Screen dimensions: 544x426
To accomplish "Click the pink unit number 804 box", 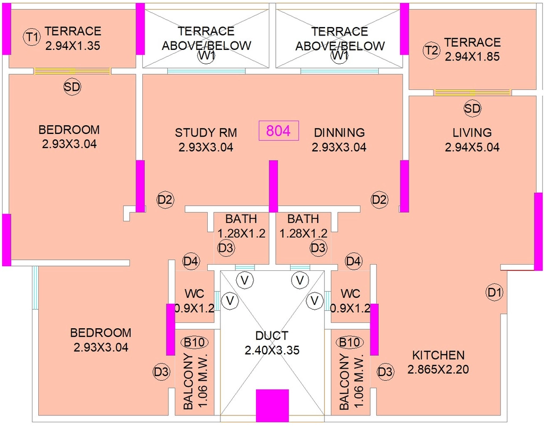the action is click(x=278, y=131).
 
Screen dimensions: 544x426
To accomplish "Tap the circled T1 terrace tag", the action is click(x=32, y=37).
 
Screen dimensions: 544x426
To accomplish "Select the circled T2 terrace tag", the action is click(x=431, y=50).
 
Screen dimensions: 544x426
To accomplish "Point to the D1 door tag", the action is click(x=495, y=293).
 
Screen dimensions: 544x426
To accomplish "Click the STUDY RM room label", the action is click(x=206, y=132).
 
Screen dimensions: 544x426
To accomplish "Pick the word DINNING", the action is click(x=339, y=132).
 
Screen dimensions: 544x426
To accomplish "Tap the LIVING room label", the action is click(x=472, y=132).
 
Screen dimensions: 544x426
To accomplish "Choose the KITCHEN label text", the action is click(x=438, y=355).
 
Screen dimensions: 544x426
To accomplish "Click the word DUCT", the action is click(x=271, y=336).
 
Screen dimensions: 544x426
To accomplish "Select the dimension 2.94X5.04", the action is click(x=472, y=147).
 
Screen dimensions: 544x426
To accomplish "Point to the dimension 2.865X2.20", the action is click(x=438, y=370).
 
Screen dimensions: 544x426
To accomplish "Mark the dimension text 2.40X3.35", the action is click(x=271, y=350).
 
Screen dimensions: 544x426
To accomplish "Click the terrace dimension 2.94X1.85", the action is click(x=472, y=56).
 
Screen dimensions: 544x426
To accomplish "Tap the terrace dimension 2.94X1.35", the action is click(x=72, y=46).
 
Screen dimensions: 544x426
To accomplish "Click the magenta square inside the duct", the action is click(x=273, y=405).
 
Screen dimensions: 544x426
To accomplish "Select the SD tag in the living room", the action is click(x=472, y=108).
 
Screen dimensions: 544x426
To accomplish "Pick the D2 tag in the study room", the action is click(x=165, y=200).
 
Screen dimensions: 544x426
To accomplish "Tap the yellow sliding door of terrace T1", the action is click(x=72, y=71).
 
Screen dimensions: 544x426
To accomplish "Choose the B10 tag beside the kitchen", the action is click(x=349, y=343).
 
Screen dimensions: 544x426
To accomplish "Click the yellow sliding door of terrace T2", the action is click(x=472, y=92).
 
